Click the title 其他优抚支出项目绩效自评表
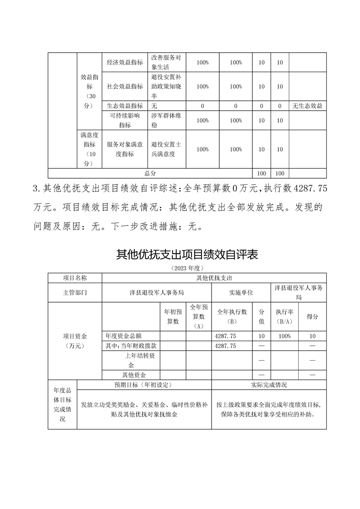pyautogui.click(x=187, y=254)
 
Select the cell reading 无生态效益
pyautogui.click(x=307, y=106)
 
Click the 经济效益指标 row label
pyautogui.click(x=125, y=63)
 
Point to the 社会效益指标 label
pyautogui.click(x=125, y=86)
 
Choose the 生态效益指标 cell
pyautogui.click(x=125, y=106)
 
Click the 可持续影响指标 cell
pyautogui.click(x=125, y=120)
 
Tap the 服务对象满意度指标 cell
pyautogui.click(x=125, y=149)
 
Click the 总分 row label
pyautogui.click(x=150, y=173)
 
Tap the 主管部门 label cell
pyautogui.click(x=75, y=293)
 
